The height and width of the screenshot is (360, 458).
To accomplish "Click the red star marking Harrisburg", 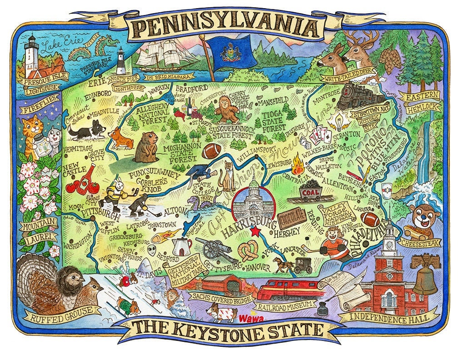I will (256, 232).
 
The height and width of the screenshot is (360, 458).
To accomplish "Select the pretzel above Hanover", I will (249, 251).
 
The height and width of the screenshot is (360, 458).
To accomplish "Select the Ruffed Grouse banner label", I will (62, 312).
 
